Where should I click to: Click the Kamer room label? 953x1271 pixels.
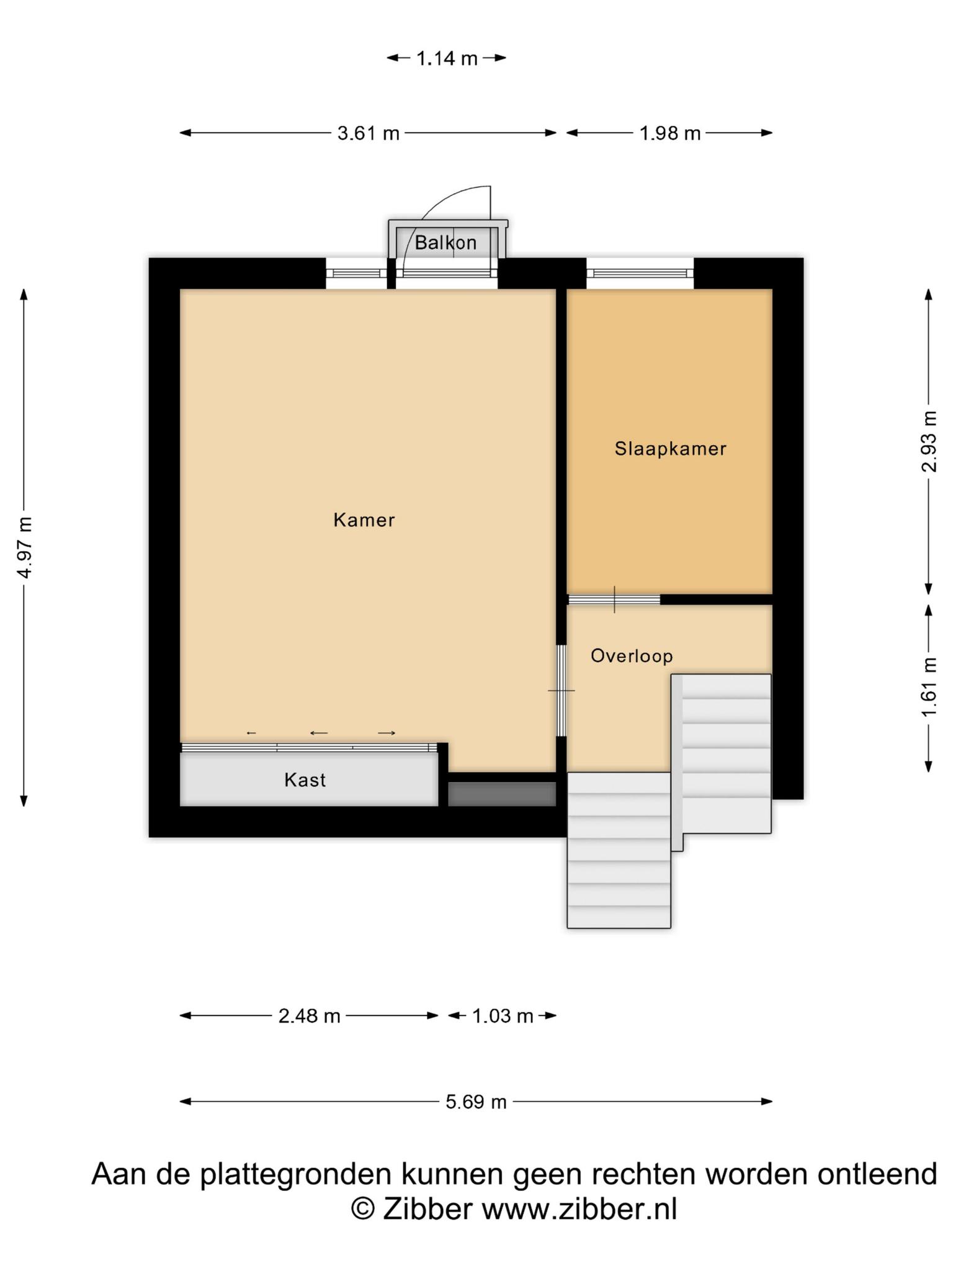[x=364, y=519]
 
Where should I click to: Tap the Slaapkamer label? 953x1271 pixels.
[x=670, y=449]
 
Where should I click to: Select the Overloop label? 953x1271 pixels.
[x=632, y=656]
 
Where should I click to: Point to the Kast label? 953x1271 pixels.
[x=305, y=780]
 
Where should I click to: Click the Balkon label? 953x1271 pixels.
[x=445, y=243]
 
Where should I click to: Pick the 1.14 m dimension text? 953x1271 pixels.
[x=447, y=58]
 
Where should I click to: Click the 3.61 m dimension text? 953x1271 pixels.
[x=368, y=133]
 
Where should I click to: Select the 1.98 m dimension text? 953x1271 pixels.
[x=670, y=133]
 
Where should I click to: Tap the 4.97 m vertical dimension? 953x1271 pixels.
[x=25, y=547]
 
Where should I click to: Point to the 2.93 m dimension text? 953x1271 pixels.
[x=929, y=441]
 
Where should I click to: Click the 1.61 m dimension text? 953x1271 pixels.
[x=929, y=687]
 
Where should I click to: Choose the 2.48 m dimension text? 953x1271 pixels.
[x=309, y=1016]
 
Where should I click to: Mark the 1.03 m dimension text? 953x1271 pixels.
[x=503, y=1016]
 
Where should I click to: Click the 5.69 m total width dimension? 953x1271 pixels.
[x=476, y=1102]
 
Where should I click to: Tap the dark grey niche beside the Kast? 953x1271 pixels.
[x=502, y=794]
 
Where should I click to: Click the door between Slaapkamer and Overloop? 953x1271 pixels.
[x=614, y=600]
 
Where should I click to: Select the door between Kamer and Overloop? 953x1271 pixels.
[x=562, y=691]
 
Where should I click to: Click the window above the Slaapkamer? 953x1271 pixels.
[x=640, y=273]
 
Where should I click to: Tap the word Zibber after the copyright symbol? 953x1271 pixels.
[x=427, y=1208]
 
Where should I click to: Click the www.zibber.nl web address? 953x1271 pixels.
[x=579, y=1208]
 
